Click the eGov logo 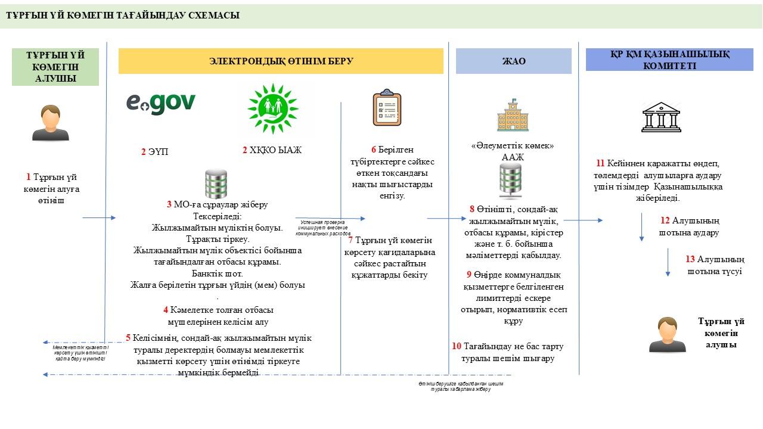[161, 103]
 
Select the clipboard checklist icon [387, 108]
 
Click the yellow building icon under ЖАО [513, 116]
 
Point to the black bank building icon [660, 117]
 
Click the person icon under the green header [50, 123]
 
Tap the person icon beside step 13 [668, 334]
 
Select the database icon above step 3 [216, 184]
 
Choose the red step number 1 [28, 177]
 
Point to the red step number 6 [373, 150]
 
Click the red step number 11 [600, 163]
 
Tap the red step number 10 [457, 346]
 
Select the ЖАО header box [513, 61]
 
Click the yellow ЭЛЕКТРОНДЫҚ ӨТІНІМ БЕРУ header [281, 61]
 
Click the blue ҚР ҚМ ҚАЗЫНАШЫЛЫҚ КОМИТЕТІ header [669, 60]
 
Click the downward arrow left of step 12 [641, 228]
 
